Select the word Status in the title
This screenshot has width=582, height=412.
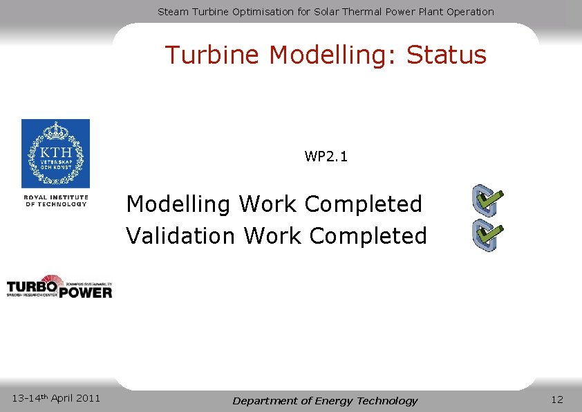coord(447,55)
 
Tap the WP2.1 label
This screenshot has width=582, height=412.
coord(326,156)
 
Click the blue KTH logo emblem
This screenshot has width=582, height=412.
coord(55,154)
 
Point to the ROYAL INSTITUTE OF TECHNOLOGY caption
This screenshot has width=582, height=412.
coord(56,201)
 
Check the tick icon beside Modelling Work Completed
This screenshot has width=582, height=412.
coord(487,201)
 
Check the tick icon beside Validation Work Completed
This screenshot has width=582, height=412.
coord(487,235)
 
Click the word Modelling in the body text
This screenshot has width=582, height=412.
coord(179,205)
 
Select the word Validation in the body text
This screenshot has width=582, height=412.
coord(180,236)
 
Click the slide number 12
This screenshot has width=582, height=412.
coord(557,399)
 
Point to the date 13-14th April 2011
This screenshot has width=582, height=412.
coord(57,398)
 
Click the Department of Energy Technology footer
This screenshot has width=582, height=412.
coord(325,401)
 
